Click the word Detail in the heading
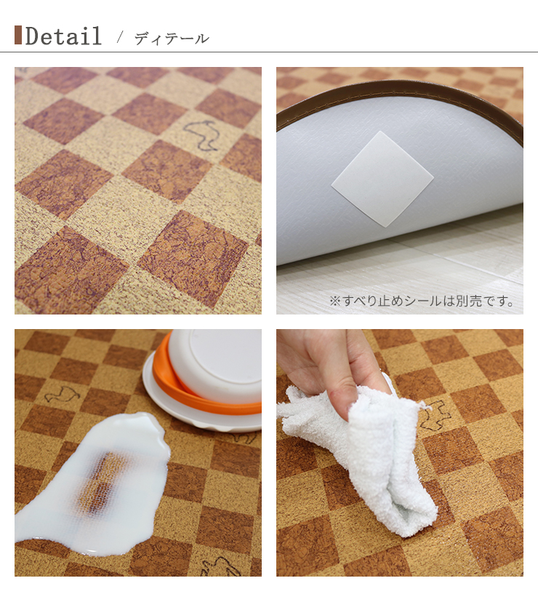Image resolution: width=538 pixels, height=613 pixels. pos(63,36)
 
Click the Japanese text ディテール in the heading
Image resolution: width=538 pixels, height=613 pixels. pos(172,39)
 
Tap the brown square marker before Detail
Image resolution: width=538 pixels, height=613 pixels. pos(18,35)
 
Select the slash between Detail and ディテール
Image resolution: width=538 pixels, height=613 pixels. pos(120,37)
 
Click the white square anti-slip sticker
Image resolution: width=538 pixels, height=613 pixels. pos(382,178)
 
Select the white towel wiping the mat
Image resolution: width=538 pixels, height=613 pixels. pos(364,451)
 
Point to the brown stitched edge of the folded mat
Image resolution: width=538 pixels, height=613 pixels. pos(400,91)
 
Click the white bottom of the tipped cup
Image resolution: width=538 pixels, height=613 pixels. pos(218,364)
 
